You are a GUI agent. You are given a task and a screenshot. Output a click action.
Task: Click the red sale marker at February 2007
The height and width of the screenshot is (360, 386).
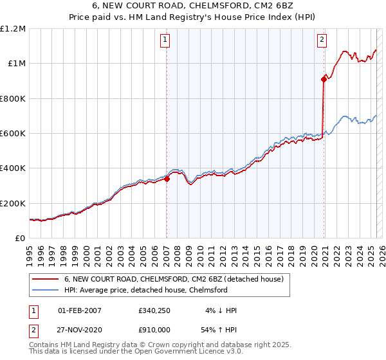(x=167, y=179)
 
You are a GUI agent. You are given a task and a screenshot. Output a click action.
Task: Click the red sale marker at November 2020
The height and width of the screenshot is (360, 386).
(x=324, y=80)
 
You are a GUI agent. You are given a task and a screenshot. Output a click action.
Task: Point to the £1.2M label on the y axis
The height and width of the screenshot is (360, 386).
(x=13, y=29)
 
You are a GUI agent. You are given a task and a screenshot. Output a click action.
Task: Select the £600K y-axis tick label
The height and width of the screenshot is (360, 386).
(x=13, y=134)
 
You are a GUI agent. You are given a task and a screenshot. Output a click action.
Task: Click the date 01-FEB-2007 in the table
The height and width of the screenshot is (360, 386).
(x=79, y=310)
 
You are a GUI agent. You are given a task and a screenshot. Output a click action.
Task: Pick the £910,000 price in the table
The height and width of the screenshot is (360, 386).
(x=154, y=329)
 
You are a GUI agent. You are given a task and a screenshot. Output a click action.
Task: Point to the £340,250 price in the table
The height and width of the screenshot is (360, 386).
(x=154, y=310)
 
